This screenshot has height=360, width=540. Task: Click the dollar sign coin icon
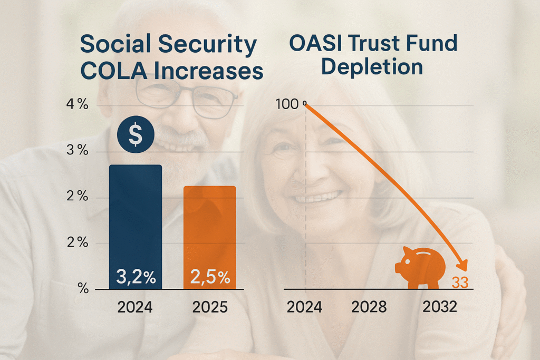point(136,135)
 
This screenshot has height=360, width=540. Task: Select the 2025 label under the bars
point(209,307)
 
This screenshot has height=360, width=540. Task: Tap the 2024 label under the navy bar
point(134,307)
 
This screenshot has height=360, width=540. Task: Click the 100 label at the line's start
point(287,104)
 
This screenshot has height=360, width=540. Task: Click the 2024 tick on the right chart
point(304,307)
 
